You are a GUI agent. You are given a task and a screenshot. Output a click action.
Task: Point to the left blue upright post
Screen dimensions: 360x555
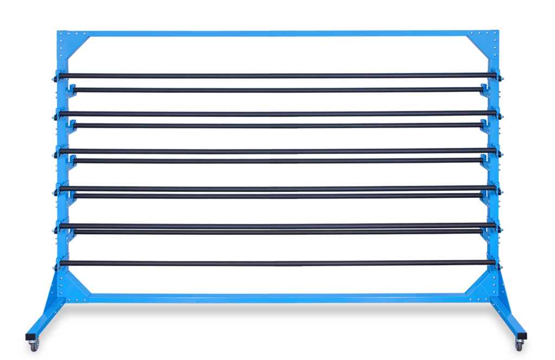[x=61, y=163]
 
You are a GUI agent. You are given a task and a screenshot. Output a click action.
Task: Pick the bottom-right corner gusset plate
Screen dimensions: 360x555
[x=480, y=286]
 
